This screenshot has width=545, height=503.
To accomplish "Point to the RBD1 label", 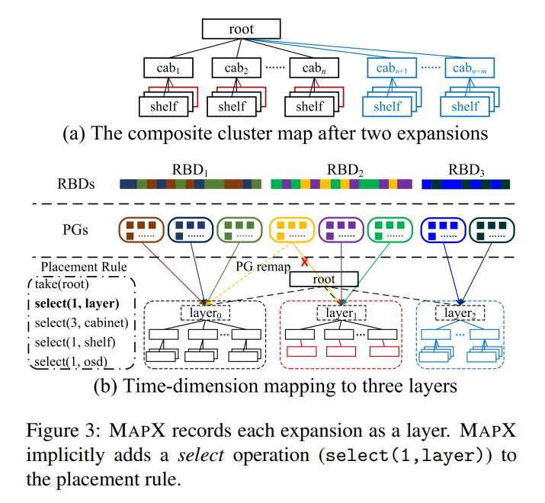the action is pos(190,170).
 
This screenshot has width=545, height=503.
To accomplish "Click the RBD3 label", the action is pos(466,170).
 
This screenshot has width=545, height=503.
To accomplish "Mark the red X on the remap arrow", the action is pos(304,261).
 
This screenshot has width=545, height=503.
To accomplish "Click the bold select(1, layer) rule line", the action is pos(77,303).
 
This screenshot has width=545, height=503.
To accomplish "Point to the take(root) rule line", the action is pos(62,284).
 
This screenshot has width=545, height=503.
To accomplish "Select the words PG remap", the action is pos(263,267).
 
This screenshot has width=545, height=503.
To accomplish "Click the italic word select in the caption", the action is pos(201,455).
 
